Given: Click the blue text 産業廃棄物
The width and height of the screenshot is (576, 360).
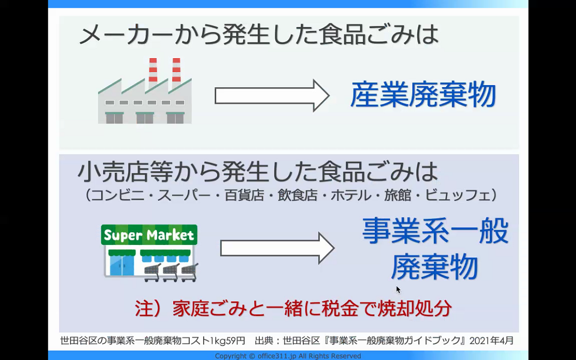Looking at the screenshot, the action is (423, 94).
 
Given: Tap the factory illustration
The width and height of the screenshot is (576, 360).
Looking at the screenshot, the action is (145, 91).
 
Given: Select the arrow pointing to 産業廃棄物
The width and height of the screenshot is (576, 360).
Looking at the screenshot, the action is (272, 95).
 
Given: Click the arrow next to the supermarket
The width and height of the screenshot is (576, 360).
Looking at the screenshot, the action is (277, 248).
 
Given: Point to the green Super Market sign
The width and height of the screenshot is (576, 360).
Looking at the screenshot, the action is (149, 234).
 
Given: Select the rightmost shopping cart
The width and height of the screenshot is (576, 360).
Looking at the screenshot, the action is (190, 272).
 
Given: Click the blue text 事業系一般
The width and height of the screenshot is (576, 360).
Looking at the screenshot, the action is (435, 231).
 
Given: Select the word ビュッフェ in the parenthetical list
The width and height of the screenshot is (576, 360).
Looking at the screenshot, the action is (458, 195).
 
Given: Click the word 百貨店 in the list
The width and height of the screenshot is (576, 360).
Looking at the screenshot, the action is (244, 195).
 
